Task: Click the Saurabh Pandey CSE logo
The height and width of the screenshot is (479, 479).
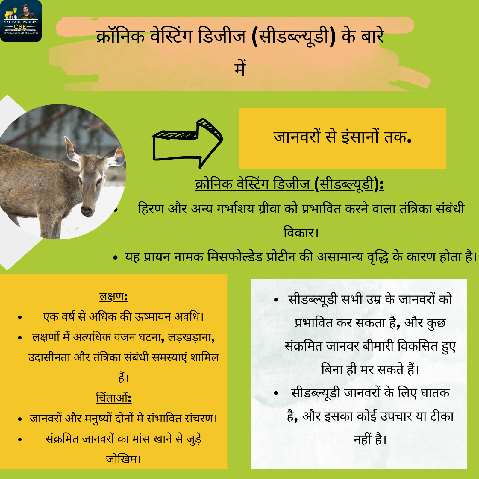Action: (x=21, y=21)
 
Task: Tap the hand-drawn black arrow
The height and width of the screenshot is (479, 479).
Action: (x=187, y=143)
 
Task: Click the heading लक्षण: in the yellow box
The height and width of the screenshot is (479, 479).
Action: (x=114, y=296)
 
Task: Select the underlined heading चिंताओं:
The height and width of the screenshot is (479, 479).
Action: (x=114, y=398)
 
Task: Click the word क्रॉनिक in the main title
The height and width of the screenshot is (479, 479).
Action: (x=120, y=37)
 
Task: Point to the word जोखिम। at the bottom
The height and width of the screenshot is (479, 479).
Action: (x=123, y=459)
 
